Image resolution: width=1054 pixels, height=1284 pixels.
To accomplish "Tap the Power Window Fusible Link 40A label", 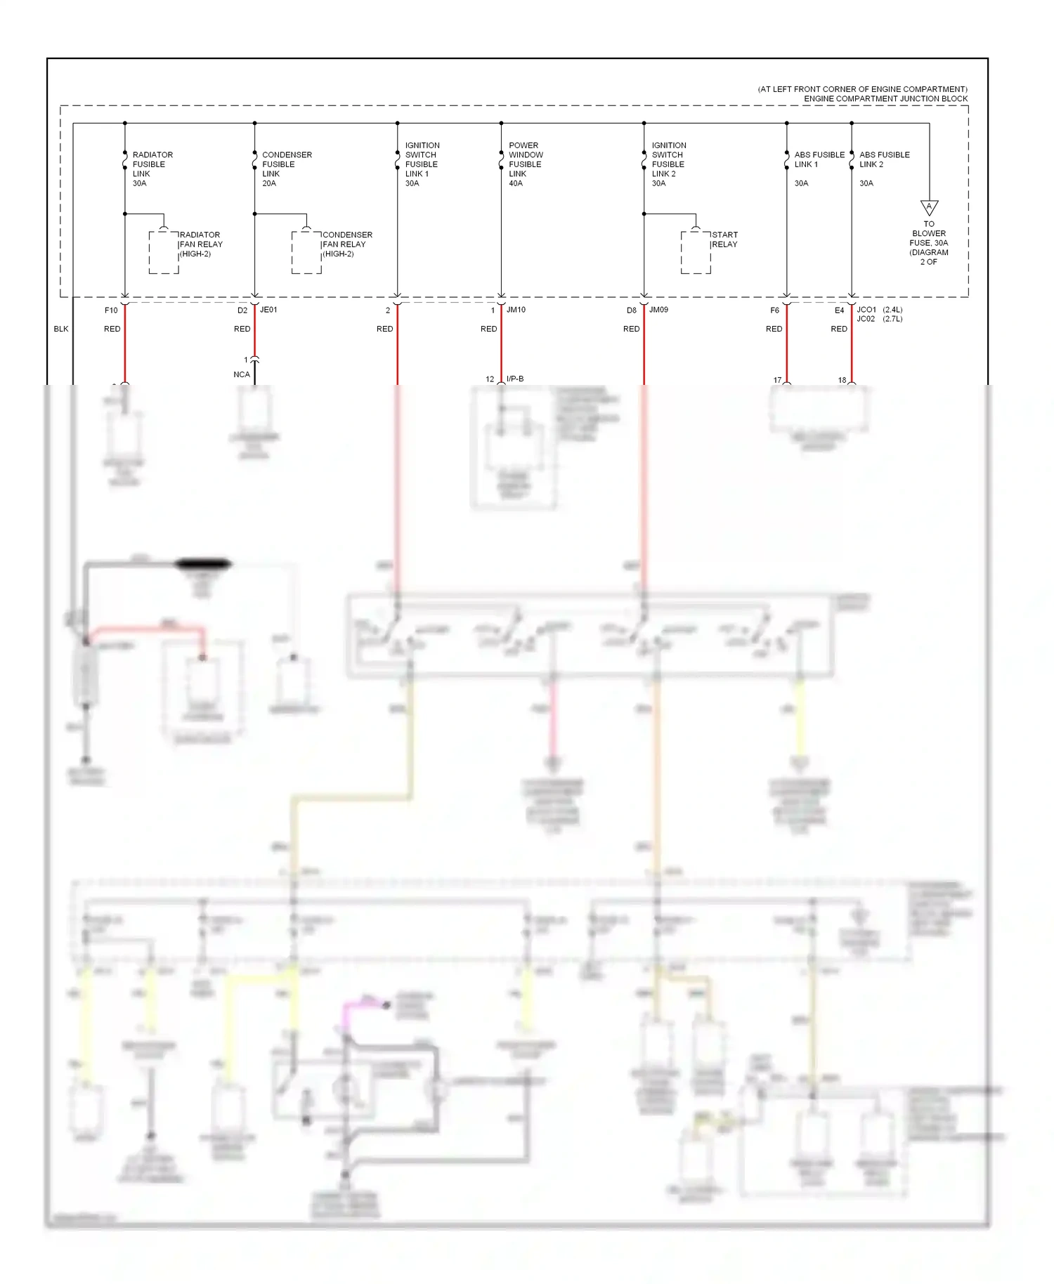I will (525, 164).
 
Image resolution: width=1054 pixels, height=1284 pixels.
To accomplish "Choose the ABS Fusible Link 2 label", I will (883, 159).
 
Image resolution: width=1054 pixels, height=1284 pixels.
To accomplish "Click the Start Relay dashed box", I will (695, 252).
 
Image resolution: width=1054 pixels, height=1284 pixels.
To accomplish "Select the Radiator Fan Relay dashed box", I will (163, 252).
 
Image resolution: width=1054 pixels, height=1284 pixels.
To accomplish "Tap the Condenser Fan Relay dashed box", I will (306, 252).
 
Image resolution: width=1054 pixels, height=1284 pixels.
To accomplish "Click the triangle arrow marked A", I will (929, 207).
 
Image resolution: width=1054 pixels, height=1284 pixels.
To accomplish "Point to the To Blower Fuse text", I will (928, 242).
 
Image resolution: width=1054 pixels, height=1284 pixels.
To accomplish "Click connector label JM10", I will (516, 310).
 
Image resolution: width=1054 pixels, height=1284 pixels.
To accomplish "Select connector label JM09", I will (658, 310).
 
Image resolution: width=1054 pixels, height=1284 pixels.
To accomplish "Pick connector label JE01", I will (268, 310).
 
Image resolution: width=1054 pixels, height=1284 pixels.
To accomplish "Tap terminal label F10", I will (111, 310).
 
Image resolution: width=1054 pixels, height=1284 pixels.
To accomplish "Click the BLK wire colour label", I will (61, 329).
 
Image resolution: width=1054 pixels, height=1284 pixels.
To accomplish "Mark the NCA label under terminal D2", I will (241, 374).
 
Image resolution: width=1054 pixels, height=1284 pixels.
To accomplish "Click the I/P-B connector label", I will (514, 379).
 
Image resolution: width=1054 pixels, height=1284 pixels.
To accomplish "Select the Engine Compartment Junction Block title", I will (885, 98).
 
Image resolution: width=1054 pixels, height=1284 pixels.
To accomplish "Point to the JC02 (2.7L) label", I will (878, 319).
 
